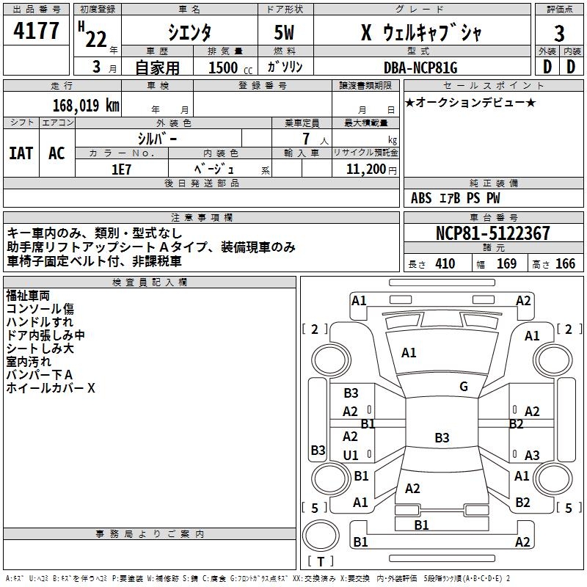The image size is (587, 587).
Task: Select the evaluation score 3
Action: tap(559, 33)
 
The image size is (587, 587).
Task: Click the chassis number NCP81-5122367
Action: tap(492, 233)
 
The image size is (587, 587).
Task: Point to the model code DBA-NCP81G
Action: tap(420, 68)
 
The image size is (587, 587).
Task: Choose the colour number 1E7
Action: tap(121, 169)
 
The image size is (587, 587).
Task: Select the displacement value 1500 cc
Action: tap(223, 68)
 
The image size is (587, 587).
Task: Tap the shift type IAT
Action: tap(21, 153)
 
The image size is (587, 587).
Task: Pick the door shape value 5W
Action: tap(285, 33)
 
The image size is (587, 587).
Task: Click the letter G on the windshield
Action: tap(464, 387)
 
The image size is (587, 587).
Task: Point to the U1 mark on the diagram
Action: tap(351, 456)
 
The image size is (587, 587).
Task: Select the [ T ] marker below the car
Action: tap(321, 562)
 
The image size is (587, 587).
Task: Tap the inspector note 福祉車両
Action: tap(28, 296)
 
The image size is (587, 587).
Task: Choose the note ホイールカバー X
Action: tap(51, 388)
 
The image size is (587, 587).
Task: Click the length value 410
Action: tap(445, 264)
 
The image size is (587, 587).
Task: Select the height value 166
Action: tap(565, 264)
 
